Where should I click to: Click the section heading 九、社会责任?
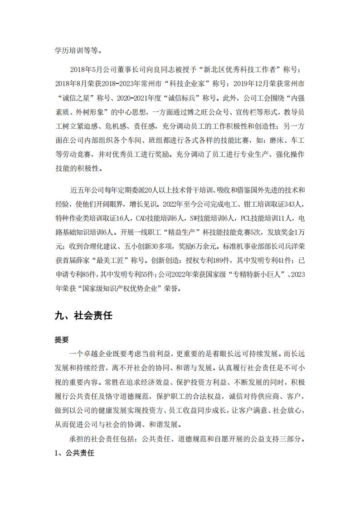point(83,316)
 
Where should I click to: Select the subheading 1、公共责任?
point(74,453)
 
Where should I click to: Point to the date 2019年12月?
point(253,84)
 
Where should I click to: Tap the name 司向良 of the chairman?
point(153,71)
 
